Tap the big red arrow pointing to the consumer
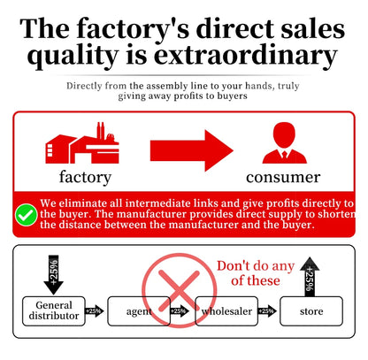pyautogui.click(x=192, y=150)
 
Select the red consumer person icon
pyautogui.click(x=284, y=143)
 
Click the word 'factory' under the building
pyautogui.click(x=85, y=178)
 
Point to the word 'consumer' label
pyautogui.click(x=283, y=178)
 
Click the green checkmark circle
pyautogui.click(x=27, y=215)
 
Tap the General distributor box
pyautogui.click(x=54, y=311)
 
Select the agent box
pyautogui.click(x=139, y=311)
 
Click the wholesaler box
pyautogui.click(x=226, y=311)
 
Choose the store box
pyautogui.click(x=311, y=311)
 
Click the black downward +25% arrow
pyautogui.click(x=53, y=275)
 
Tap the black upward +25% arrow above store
pyautogui.click(x=310, y=277)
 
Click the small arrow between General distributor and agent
pyautogui.click(x=95, y=311)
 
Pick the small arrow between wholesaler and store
pyautogui.click(x=267, y=311)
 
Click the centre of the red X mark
pyautogui.click(x=179, y=291)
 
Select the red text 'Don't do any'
pyautogui.click(x=256, y=266)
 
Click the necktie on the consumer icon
pyautogui.click(x=285, y=155)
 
